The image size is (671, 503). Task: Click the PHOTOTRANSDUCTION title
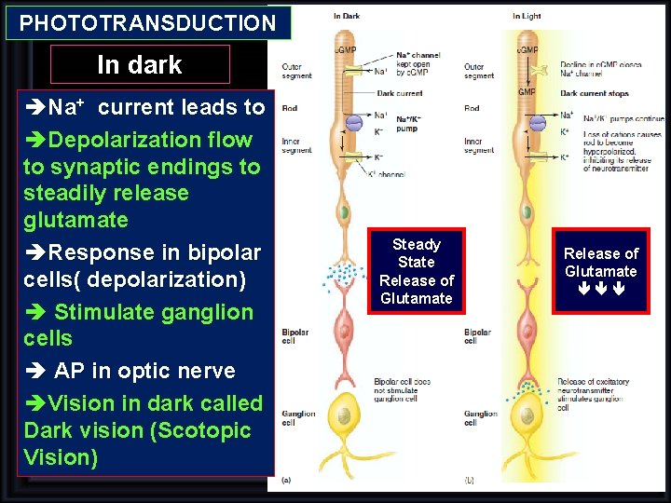coord(148,23)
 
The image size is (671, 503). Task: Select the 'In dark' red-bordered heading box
coord(140,64)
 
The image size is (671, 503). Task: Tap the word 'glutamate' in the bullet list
coord(75,220)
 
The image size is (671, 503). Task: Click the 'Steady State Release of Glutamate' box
coord(417,271)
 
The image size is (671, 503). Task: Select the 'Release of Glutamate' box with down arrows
coord(600,271)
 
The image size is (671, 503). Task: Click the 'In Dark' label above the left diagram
coord(348,16)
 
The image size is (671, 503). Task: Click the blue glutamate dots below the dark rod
coord(345,273)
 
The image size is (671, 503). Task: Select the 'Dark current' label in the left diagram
coord(399,93)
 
